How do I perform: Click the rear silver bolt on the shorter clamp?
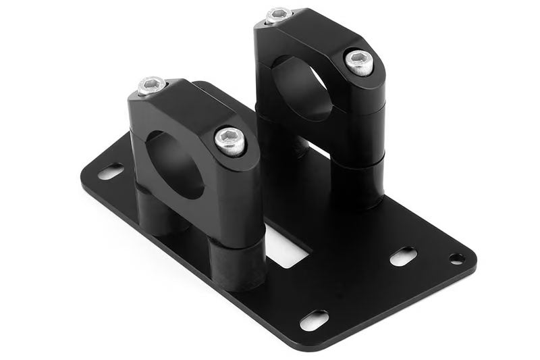point(151,86)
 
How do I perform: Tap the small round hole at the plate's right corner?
point(456,258)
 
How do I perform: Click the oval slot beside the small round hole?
point(403,257)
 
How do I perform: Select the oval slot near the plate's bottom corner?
point(314,319)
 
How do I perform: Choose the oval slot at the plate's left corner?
point(111,172)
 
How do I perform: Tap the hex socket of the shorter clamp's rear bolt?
point(151,86)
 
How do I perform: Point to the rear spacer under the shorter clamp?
point(152,209)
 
